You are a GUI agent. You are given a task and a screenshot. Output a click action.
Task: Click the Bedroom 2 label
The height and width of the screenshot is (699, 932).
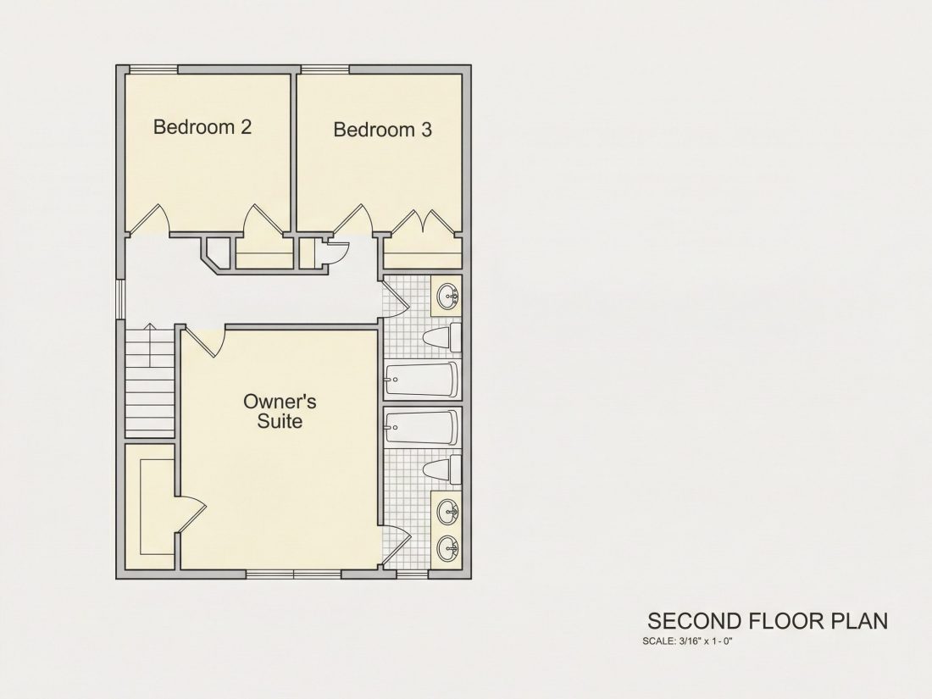[x=202, y=126]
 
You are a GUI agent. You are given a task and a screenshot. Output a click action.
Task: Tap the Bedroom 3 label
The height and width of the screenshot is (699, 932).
[x=382, y=129]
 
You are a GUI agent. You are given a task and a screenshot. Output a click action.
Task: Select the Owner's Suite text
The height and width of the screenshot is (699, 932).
[x=280, y=411]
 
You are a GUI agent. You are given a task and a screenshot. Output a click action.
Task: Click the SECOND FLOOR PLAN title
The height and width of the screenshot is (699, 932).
[x=768, y=620]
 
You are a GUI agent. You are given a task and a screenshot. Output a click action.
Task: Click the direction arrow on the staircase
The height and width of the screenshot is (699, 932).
[x=149, y=345]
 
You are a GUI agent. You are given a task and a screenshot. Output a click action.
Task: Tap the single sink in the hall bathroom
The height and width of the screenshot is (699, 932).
[x=447, y=295]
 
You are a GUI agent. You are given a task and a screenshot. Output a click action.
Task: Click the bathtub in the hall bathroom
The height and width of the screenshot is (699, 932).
[x=422, y=380]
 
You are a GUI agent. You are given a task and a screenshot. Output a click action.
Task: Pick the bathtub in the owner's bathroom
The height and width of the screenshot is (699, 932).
[x=422, y=427]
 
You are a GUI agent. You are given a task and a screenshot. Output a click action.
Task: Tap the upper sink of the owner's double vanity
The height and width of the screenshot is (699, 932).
[x=447, y=511]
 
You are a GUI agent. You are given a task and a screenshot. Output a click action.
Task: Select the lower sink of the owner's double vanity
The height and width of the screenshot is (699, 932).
[x=447, y=548]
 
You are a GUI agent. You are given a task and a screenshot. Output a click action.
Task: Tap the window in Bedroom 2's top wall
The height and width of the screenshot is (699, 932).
[x=153, y=69]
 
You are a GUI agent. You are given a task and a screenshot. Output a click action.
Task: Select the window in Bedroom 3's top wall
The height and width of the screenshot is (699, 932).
[x=325, y=69]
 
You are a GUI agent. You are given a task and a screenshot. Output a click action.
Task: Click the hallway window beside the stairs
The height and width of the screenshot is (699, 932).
[x=120, y=299]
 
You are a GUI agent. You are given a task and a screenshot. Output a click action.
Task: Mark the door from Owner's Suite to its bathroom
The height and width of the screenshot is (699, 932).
[x=397, y=546]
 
